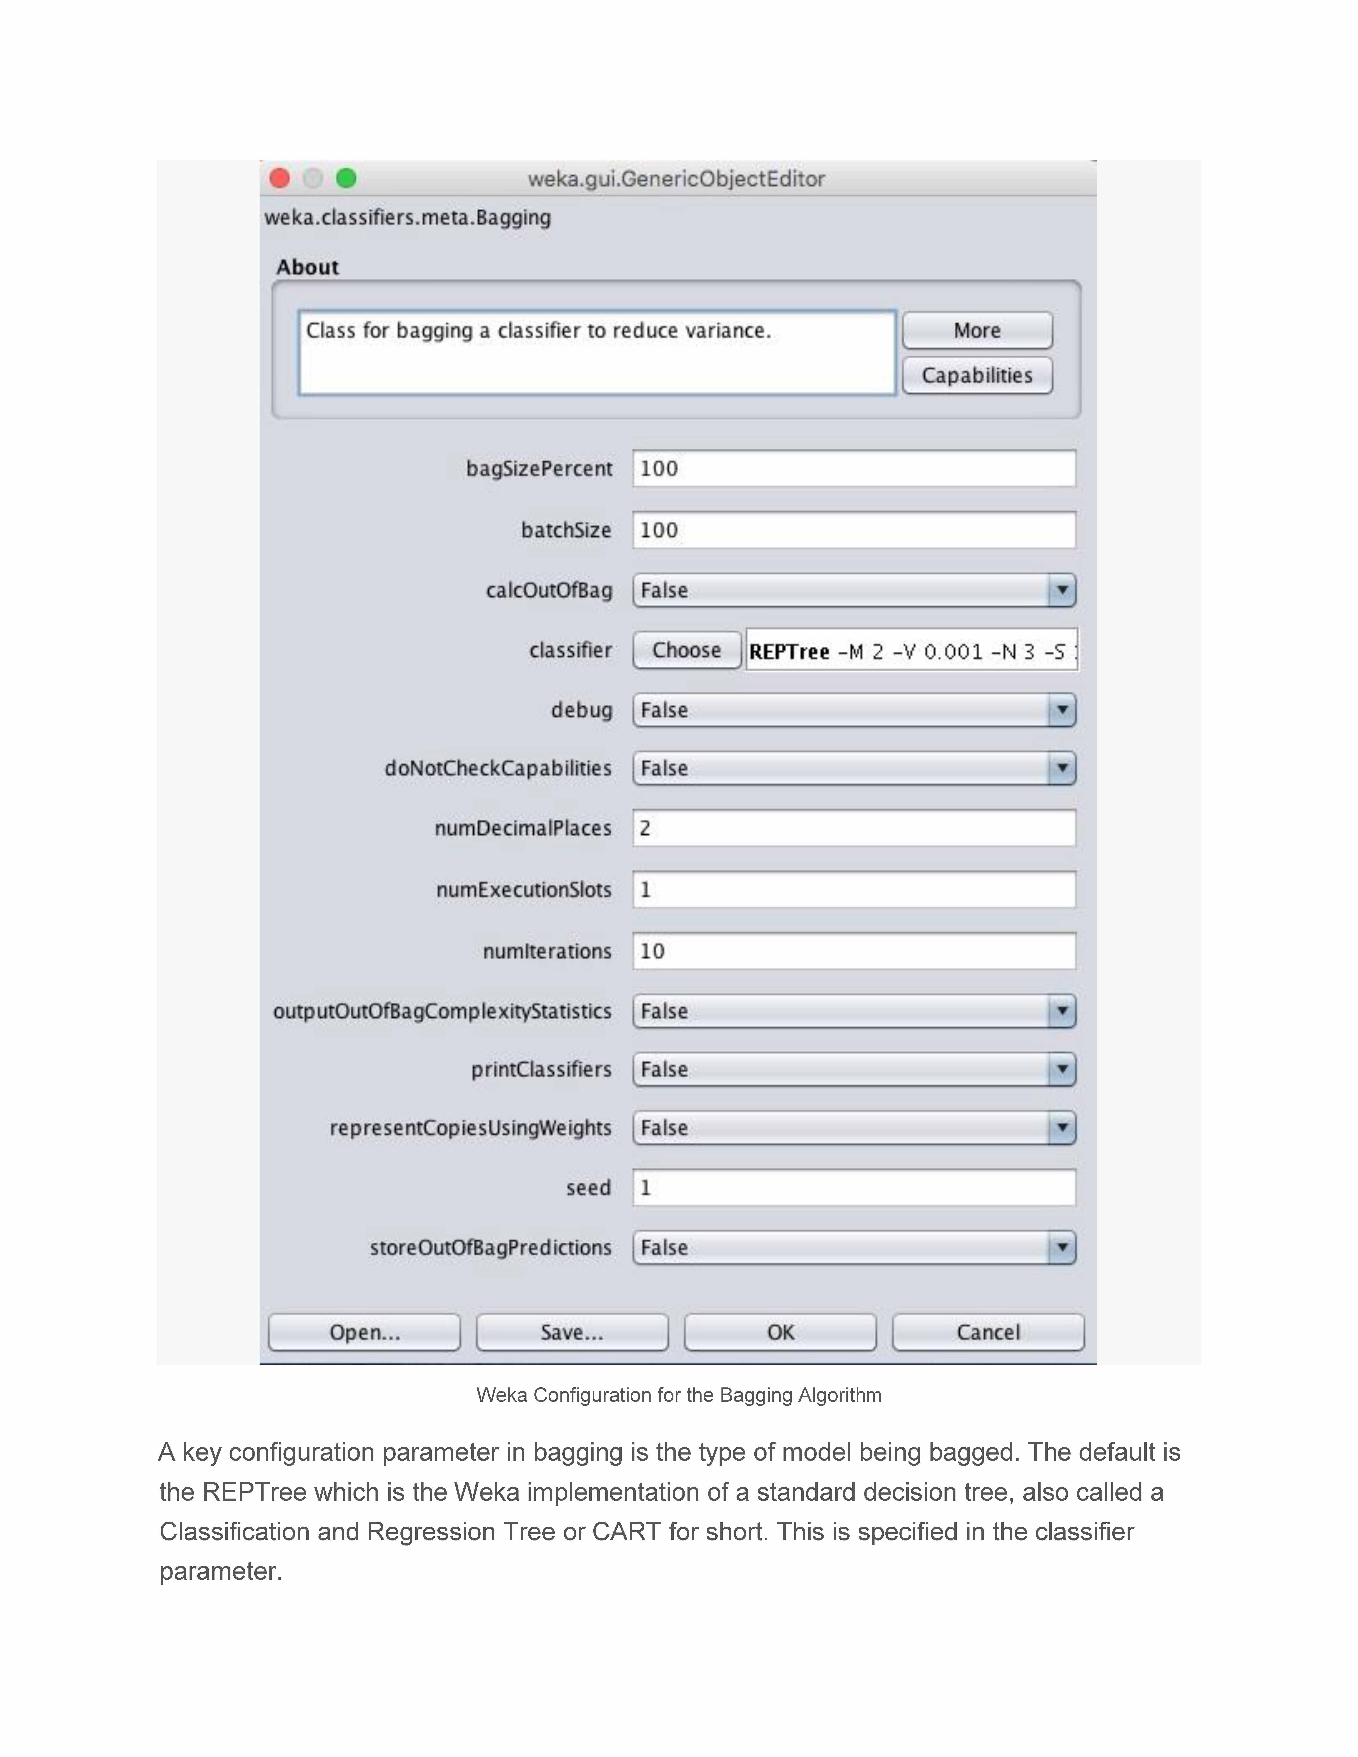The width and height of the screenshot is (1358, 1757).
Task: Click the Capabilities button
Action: point(977,376)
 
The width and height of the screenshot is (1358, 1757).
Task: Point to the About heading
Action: point(307,267)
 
